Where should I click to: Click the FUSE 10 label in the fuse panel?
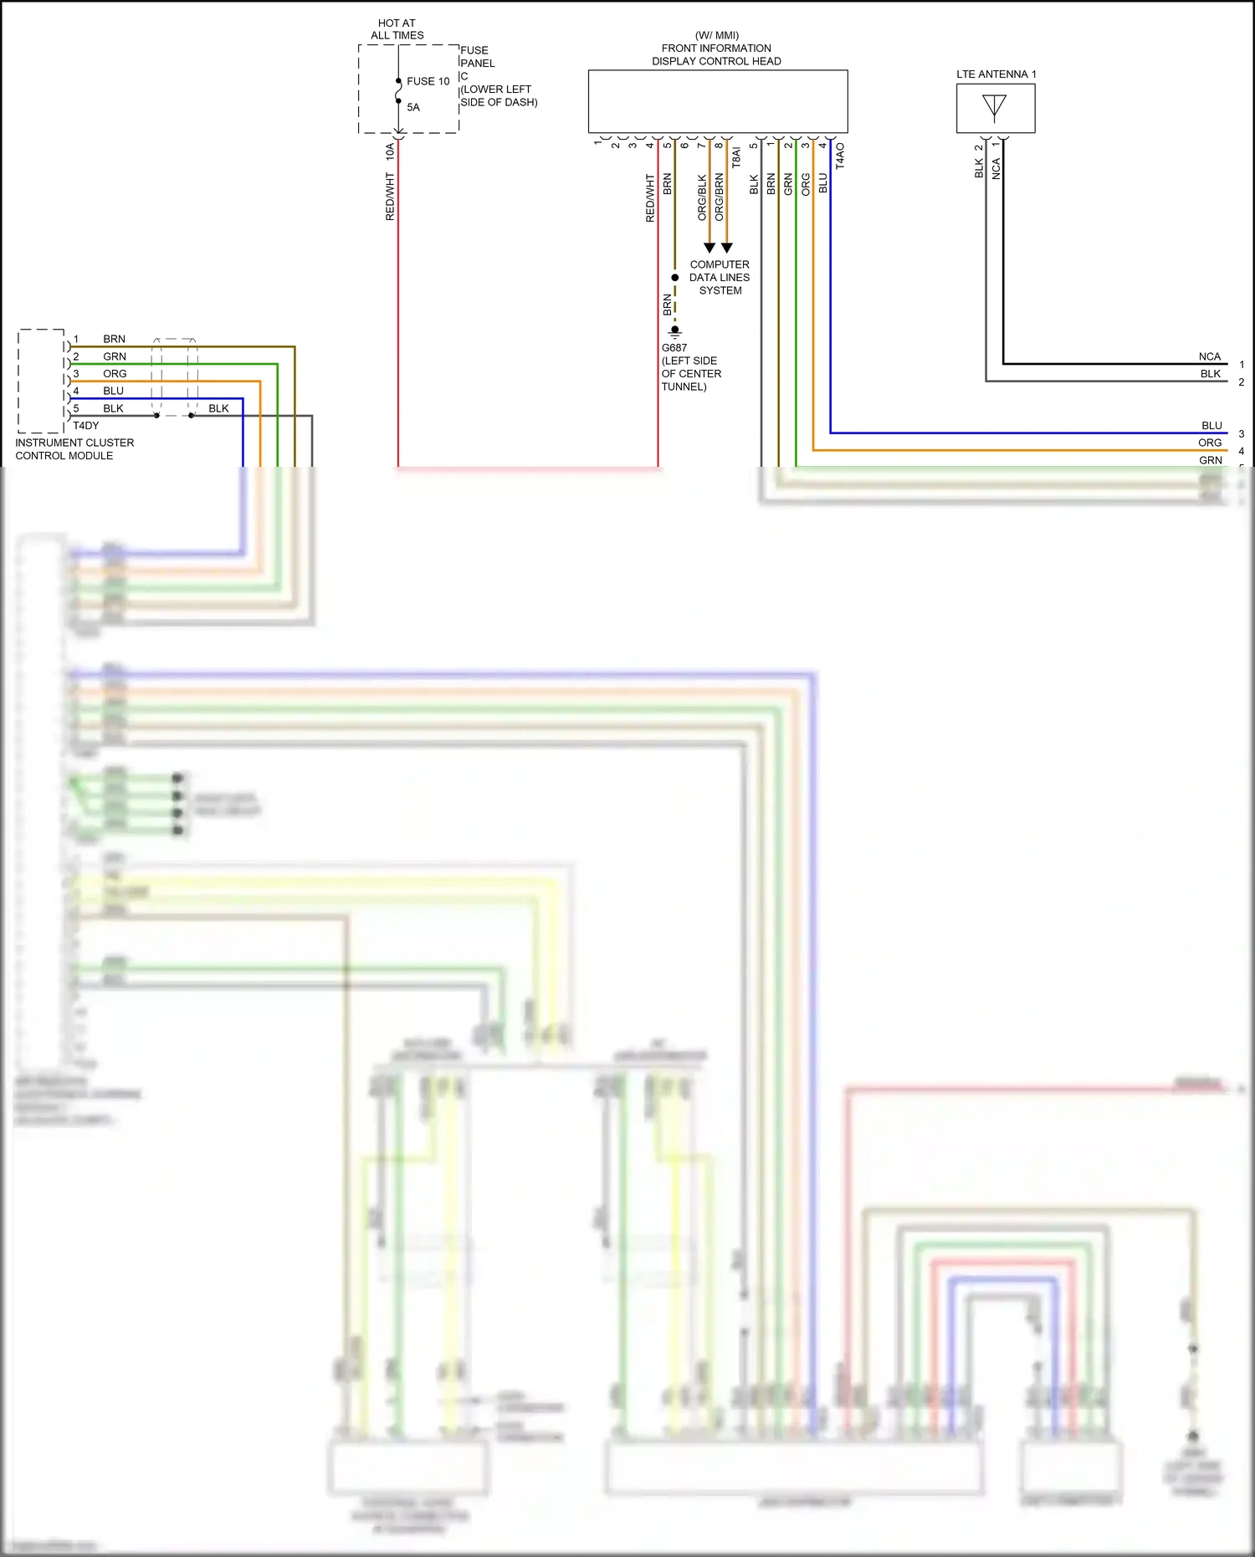point(428,81)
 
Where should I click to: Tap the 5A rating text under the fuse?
point(413,107)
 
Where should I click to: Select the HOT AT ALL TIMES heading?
point(397,29)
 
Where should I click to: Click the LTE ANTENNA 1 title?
point(996,74)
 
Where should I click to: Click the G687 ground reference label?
point(674,348)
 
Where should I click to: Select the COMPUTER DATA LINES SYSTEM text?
point(720,277)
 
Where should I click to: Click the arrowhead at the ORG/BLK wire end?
point(709,248)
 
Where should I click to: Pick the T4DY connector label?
point(85,426)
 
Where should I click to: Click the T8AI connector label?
point(736,157)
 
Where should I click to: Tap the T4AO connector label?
point(840,156)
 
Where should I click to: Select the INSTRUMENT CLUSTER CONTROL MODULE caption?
point(74,449)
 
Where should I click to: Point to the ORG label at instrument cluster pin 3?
point(115,374)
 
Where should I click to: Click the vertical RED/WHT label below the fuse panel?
point(390,197)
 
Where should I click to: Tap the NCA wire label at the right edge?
point(1209,356)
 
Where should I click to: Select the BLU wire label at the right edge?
point(1211,426)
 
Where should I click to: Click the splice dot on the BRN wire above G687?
point(674,278)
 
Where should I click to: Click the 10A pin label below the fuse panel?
point(390,151)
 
